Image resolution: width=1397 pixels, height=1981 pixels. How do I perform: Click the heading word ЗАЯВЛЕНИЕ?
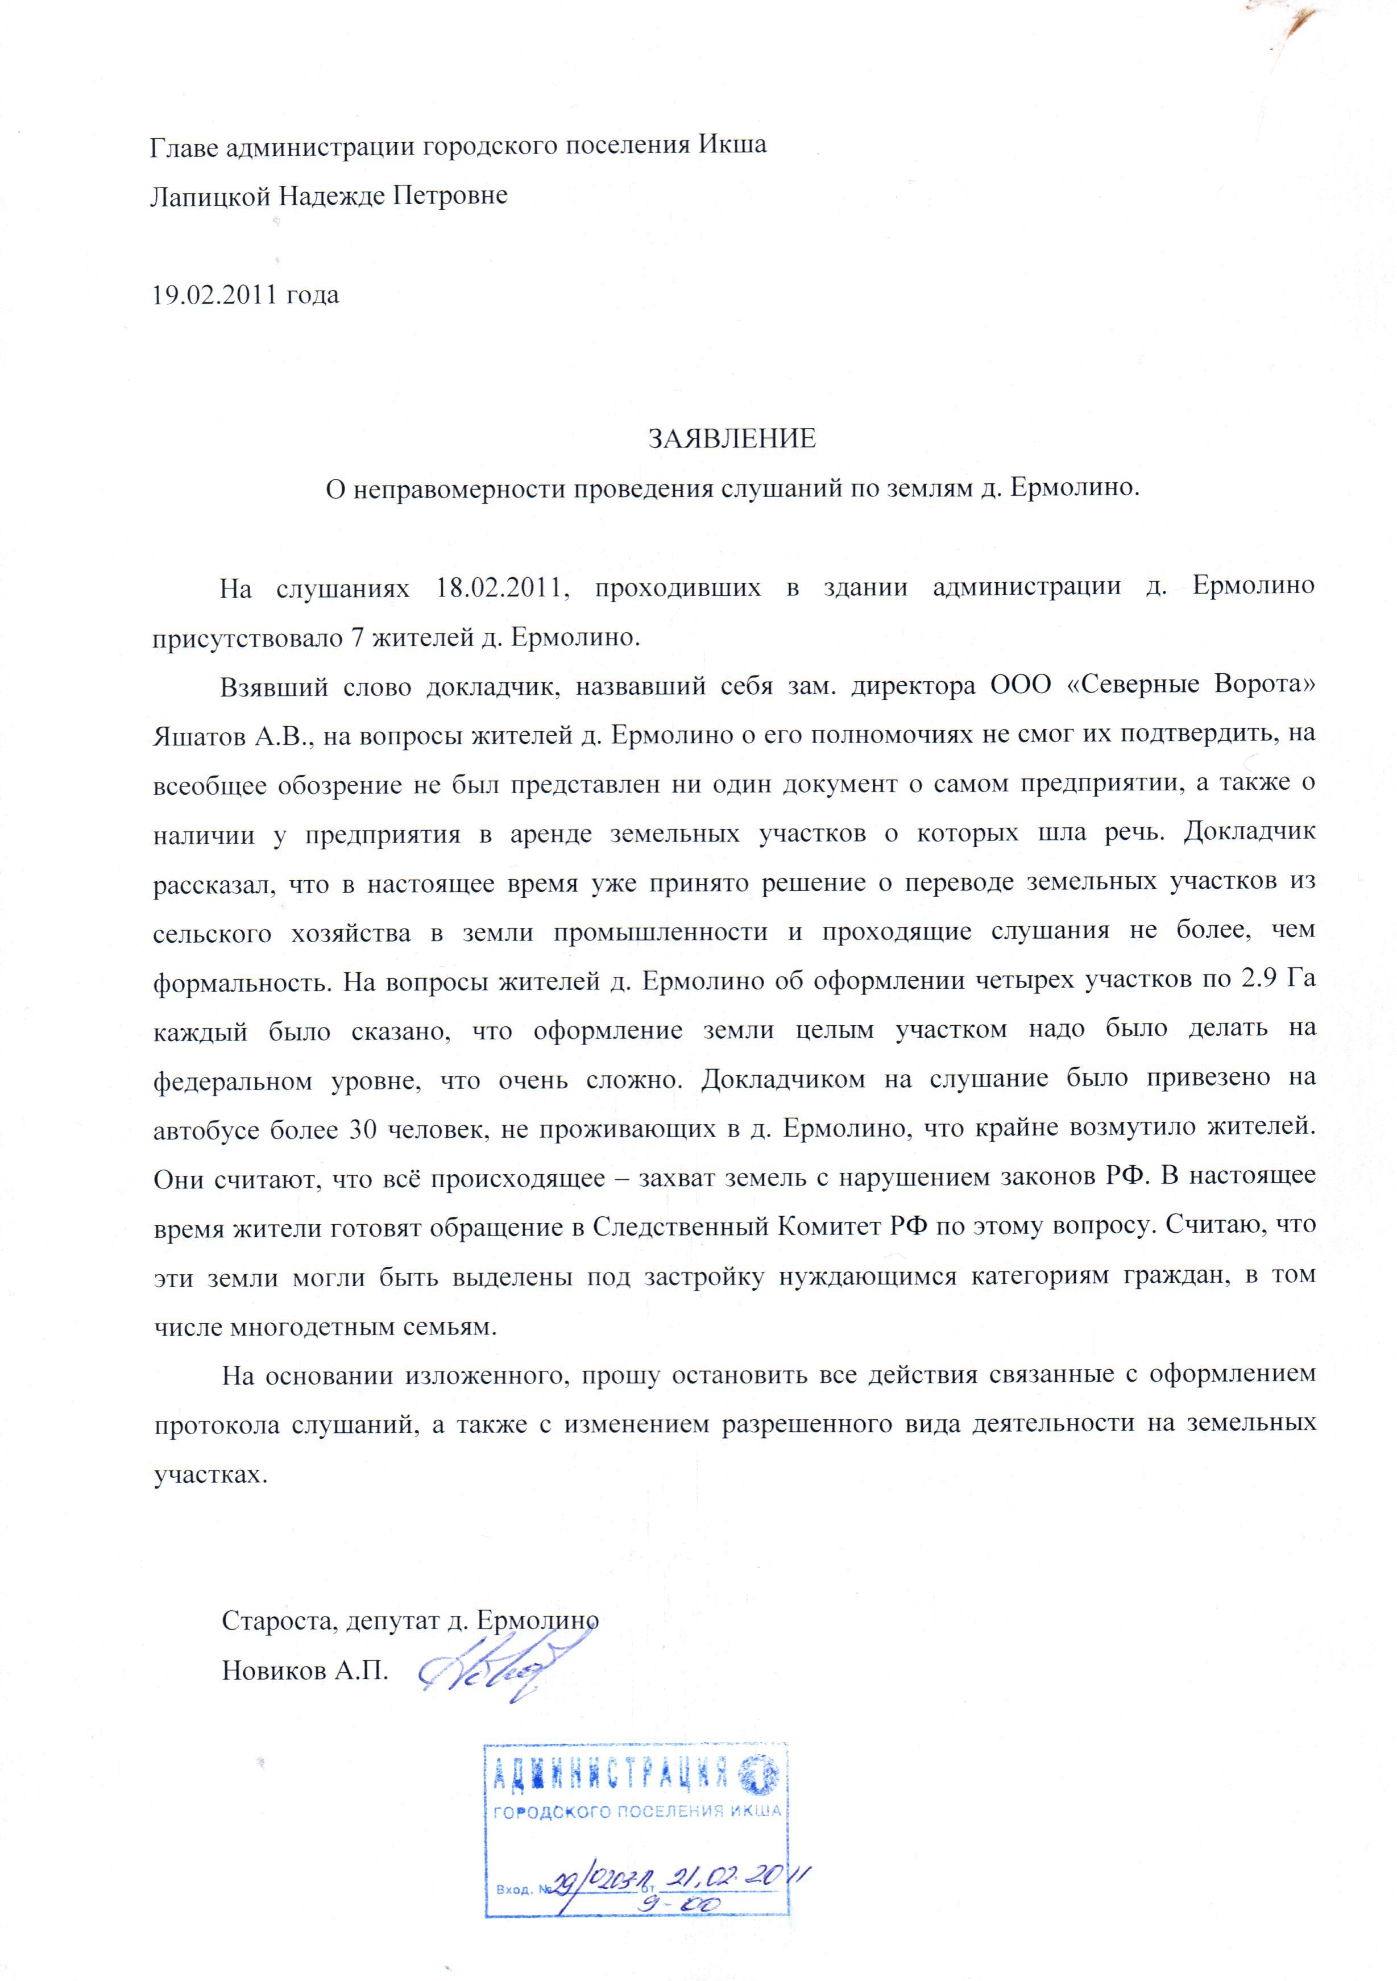click(732, 438)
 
